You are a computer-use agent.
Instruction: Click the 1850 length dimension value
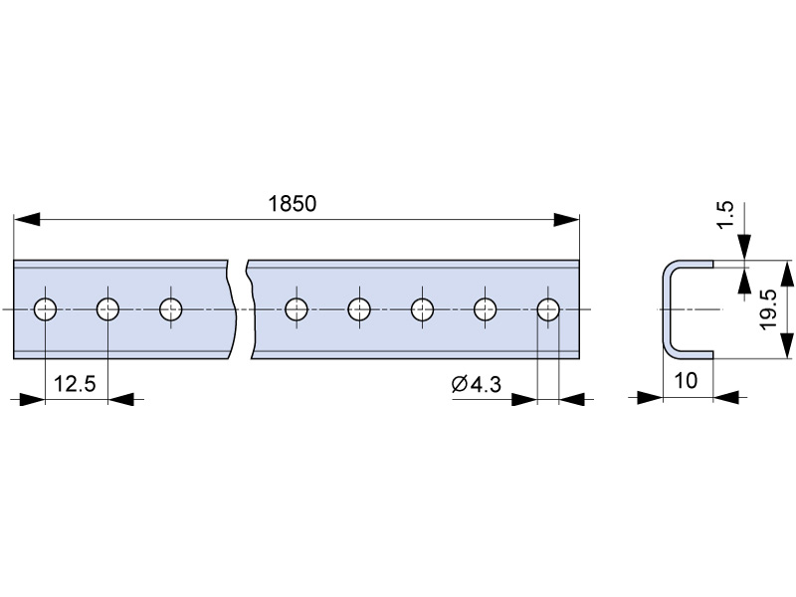pyautogui.click(x=292, y=203)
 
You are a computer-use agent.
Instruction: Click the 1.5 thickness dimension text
pyautogui.click(x=724, y=215)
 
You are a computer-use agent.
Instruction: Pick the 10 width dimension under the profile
pyautogui.click(x=687, y=381)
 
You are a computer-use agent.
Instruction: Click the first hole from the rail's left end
pyautogui.click(x=46, y=309)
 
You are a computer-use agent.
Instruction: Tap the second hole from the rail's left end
pyautogui.click(x=107, y=309)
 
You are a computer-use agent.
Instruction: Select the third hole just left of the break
pyautogui.click(x=171, y=309)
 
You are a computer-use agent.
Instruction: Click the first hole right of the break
pyautogui.click(x=296, y=309)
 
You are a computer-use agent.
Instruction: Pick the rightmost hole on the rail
pyautogui.click(x=547, y=309)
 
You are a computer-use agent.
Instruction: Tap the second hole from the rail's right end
pyautogui.click(x=485, y=309)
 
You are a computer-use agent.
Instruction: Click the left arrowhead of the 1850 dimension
pyautogui.click(x=26, y=218)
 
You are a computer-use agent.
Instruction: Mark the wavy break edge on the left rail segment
pyautogui.click(x=235, y=308)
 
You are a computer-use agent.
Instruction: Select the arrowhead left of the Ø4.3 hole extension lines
pyautogui.click(x=523, y=399)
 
